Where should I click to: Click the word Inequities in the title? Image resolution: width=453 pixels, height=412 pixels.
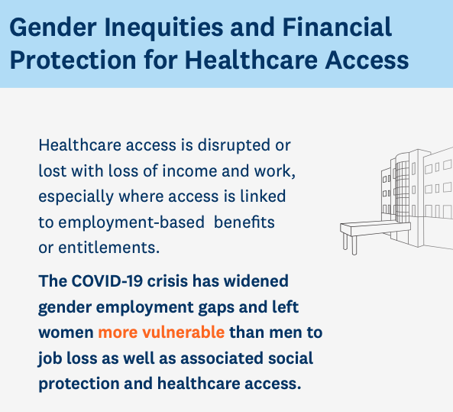pyautogui.click(x=163, y=28)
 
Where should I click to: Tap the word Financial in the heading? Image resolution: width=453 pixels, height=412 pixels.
pyautogui.click(x=337, y=28)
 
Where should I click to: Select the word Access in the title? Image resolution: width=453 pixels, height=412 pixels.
pyautogui.click(x=367, y=60)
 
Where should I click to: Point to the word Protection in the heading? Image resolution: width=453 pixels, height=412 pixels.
pyautogui.click(x=73, y=60)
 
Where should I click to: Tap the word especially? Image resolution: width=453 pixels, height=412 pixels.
pyautogui.click(x=76, y=197)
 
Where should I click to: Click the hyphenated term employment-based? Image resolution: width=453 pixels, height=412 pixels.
pyautogui.click(x=131, y=223)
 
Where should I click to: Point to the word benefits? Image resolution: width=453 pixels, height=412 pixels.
pyautogui.click(x=244, y=222)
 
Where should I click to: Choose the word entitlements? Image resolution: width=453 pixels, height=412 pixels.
pyautogui.click(x=109, y=248)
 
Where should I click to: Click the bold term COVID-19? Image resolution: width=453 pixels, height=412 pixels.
pyautogui.click(x=107, y=281)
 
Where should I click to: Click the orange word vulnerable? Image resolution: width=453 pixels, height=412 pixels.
pyautogui.click(x=183, y=333)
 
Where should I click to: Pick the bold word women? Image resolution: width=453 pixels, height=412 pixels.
pyautogui.click(x=66, y=333)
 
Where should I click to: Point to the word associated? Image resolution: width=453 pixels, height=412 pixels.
pyautogui.click(x=222, y=358)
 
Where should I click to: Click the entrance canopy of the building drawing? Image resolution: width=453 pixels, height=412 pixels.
pyautogui.click(x=375, y=229)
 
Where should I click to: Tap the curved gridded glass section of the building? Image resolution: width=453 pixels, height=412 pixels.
pyautogui.click(x=402, y=192)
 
